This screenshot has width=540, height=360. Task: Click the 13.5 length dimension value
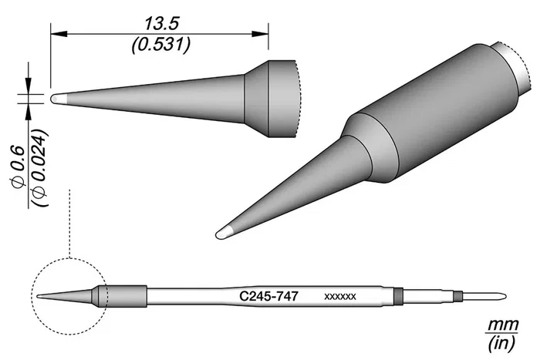point(161,24)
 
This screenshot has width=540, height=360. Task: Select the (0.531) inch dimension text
point(160,45)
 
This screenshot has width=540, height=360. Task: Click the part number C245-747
point(268,296)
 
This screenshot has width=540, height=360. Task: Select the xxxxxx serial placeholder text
point(340,297)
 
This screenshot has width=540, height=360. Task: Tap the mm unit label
point(501,325)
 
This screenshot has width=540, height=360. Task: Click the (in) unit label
point(501,343)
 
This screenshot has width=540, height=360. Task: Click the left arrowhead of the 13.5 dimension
point(59,34)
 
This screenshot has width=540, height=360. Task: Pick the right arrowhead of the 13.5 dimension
point(261,34)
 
